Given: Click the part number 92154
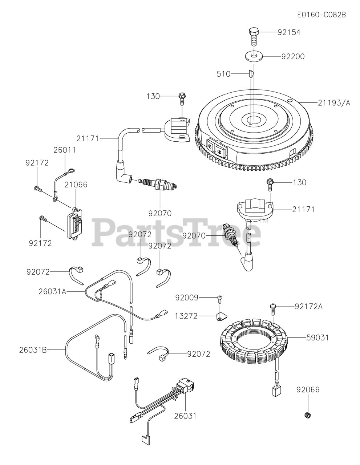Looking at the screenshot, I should (289, 32).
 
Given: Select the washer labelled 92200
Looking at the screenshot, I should (253, 56).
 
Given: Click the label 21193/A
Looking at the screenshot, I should (334, 103).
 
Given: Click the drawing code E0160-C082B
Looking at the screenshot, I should (321, 15).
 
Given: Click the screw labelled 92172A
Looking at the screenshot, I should (273, 307).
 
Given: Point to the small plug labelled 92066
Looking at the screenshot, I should (308, 415).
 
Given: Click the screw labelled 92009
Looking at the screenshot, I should (220, 298).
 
